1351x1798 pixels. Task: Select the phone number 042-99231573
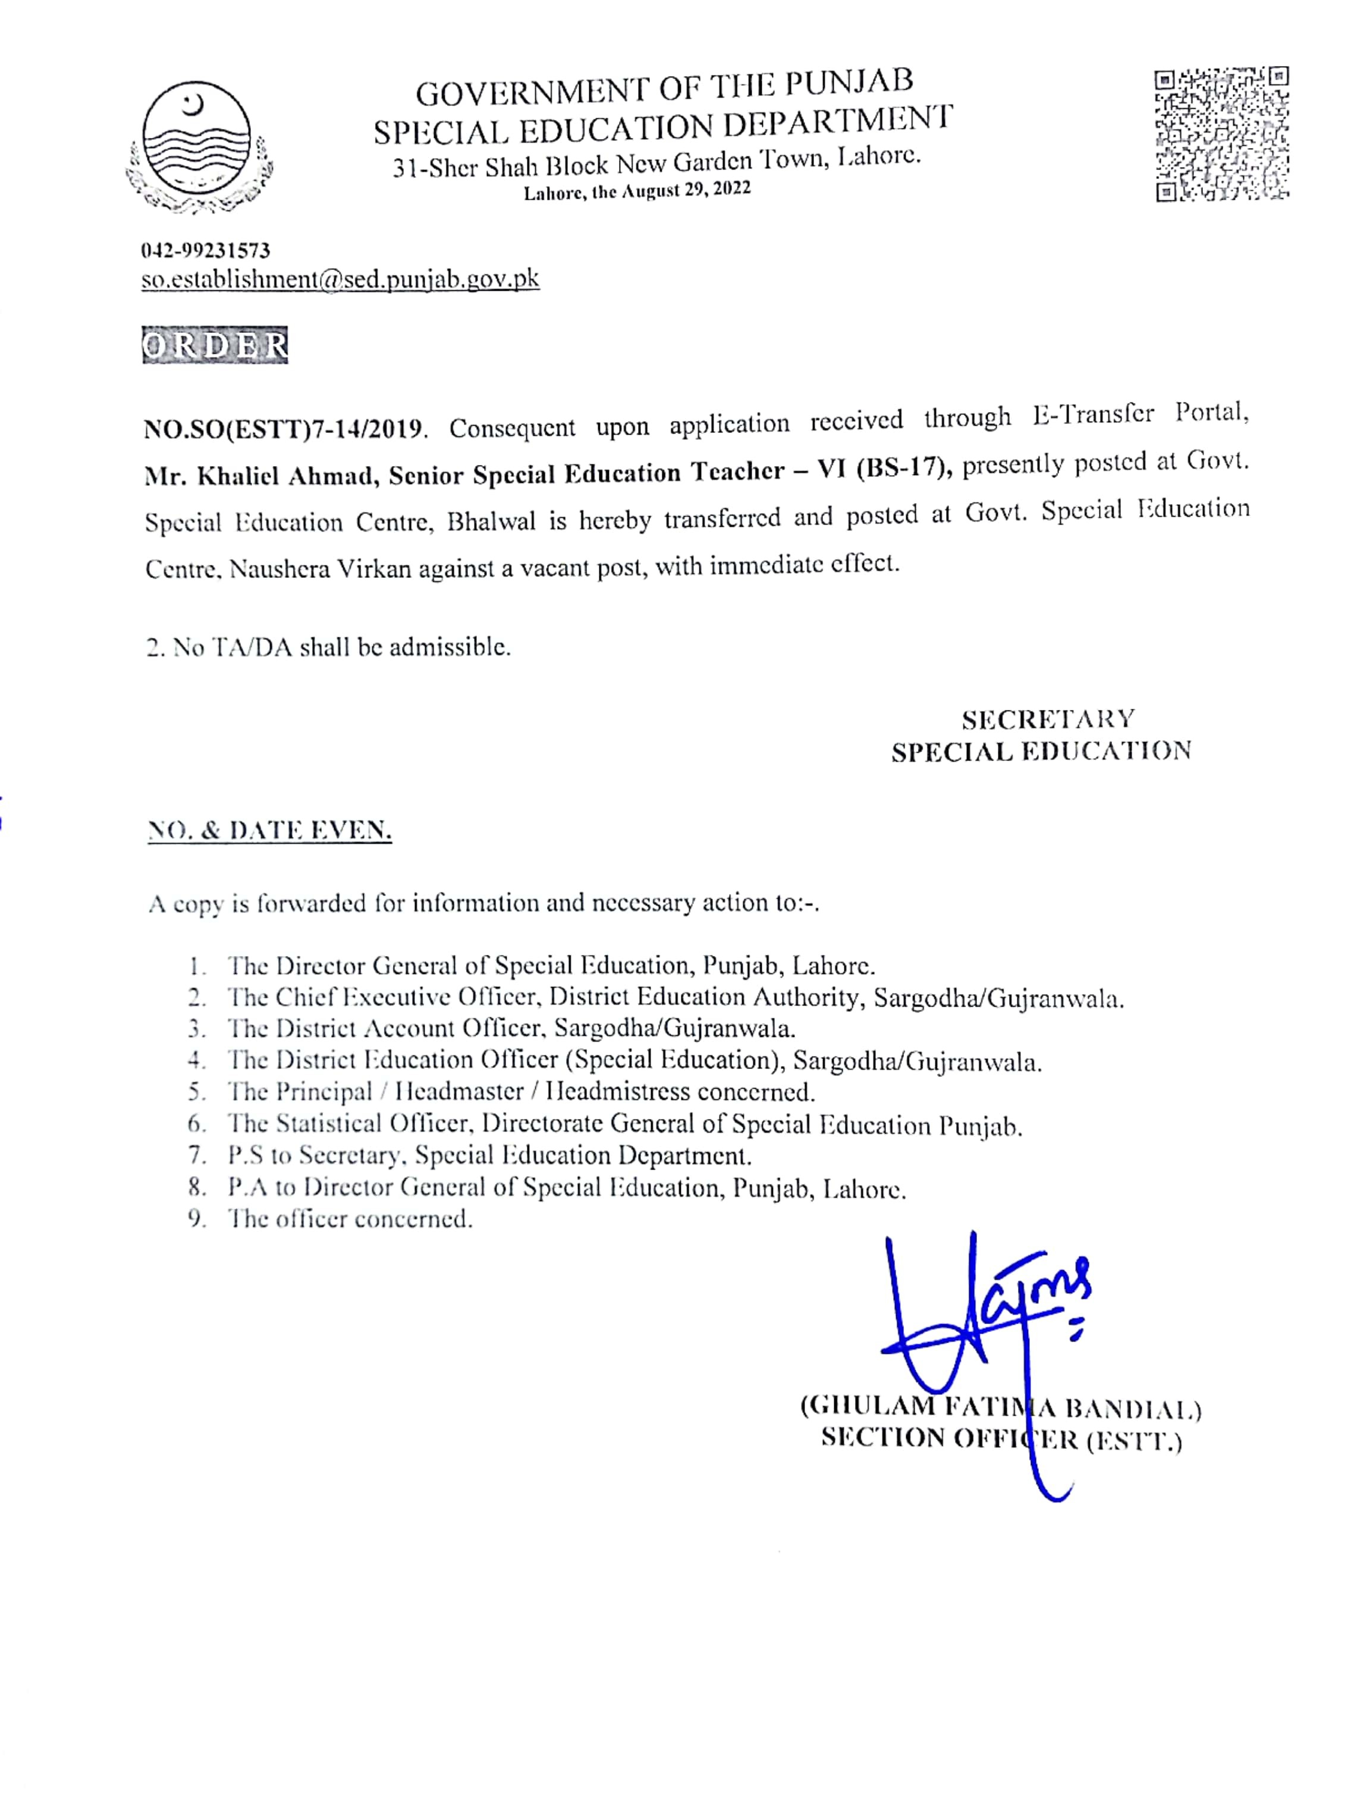coord(206,250)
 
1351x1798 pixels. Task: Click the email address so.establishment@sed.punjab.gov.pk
coord(340,279)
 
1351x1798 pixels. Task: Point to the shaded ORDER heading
coord(215,345)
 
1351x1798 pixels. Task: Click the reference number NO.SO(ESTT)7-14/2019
coord(284,428)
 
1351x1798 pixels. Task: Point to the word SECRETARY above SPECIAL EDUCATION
coord(1048,719)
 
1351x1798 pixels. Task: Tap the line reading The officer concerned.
coord(350,1219)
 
